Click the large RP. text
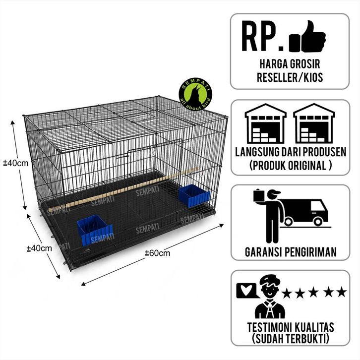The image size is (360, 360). click(x=262, y=37)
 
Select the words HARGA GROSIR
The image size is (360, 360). click(x=290, y=63)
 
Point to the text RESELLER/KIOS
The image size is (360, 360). click(x=290, y=76)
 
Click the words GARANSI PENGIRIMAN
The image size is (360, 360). click(x=290, y=252)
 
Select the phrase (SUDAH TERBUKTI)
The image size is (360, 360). click(x=290, y=340)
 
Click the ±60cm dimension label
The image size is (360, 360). click(x=157, y=253)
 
